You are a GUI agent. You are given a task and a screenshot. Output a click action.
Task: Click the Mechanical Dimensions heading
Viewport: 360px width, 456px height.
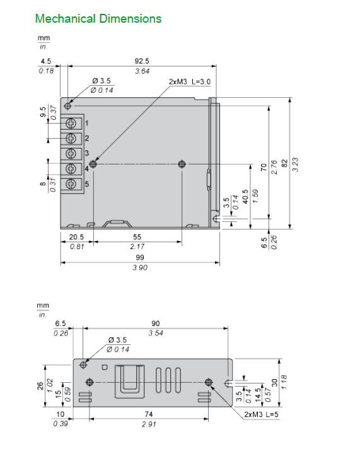click(98, 19)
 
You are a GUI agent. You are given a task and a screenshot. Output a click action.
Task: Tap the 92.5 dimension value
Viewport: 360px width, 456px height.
click(142, 61)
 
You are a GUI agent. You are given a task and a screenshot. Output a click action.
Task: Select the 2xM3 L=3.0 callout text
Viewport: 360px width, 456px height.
click(190, 82)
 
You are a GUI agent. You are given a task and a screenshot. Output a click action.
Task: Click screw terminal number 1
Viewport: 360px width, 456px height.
click(71, 124)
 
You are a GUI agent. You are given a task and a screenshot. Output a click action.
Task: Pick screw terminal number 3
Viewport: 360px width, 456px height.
click(71, 153)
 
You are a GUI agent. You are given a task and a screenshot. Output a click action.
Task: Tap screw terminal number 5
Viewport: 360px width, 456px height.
click(71, 184)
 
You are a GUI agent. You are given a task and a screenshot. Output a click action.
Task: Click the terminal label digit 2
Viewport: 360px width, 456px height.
click(86, 138)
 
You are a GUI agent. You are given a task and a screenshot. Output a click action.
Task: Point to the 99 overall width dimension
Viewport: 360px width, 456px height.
click(140, 257)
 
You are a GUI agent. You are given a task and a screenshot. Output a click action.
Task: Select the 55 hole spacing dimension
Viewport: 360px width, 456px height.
click(137, 237)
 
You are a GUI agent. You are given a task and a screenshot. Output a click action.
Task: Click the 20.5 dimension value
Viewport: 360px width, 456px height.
click(76, 237)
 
